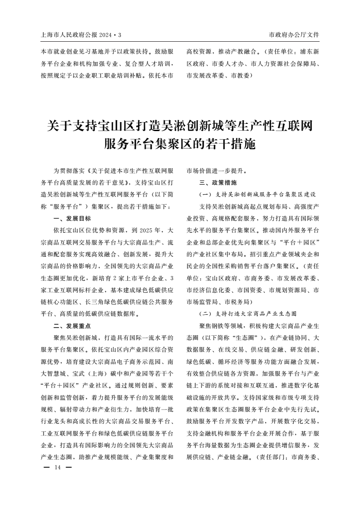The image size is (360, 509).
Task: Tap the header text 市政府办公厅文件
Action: (x=294, y=34)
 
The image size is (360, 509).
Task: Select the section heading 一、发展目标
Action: (x=72, y=218)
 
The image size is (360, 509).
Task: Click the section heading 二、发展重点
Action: (x=72, y=325)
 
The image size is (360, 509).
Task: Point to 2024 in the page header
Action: (x=111, y=35)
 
